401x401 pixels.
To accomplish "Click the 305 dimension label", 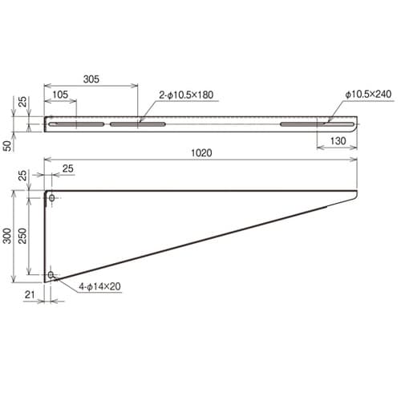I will [91, 79].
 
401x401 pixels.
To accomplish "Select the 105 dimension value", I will [59, 95].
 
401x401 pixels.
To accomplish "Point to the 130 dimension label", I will [337, 141].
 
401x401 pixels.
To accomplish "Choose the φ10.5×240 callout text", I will [368, 95].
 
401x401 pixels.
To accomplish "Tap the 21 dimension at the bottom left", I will [29, 295].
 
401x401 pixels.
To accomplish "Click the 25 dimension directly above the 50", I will [22, 103].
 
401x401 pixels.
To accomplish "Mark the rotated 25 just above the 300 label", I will [22, 176].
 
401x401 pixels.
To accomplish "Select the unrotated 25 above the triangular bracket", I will [67, 168].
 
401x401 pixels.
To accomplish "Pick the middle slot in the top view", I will [137, 124].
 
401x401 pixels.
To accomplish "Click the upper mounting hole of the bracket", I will [51, 197].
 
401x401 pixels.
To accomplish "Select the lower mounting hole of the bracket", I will [51, 275].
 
